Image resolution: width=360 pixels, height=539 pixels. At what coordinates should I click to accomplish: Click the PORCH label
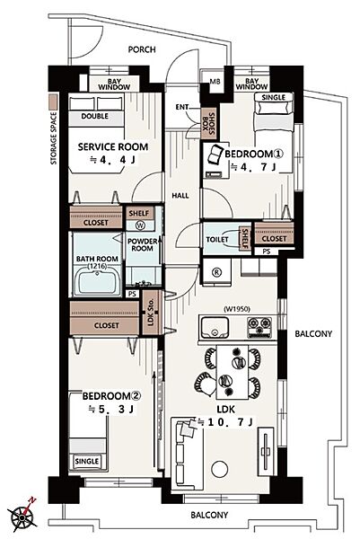pyautogui.click(x=142, y=49)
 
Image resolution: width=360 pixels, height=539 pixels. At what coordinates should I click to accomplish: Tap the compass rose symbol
pyautogui.click(x=23, y=516)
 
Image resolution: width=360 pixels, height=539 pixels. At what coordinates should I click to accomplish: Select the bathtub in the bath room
pyautogui.click(x=97, y=281)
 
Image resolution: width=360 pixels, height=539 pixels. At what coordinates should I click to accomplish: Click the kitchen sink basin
pyautogui.click(x=215, y=327)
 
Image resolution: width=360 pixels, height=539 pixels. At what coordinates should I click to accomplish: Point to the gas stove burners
pyautogui.click(x=259, y=327)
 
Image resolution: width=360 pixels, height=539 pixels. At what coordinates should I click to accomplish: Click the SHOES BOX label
pyautogui.click(x=208, y=123)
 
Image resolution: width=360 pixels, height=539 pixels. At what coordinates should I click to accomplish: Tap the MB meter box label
pyautogui.click(x=215, y=82)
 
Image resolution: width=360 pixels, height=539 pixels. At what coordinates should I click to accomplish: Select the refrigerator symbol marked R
pyautogui.click(x=216, y=272)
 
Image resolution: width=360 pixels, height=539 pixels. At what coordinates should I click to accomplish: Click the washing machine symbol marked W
pyautogui.click(x=140, y=225)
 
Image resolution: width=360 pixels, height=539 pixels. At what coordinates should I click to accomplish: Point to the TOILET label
pyautogui.click(x=217, y=239)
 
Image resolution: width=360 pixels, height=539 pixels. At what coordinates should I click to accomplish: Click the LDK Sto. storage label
pyautogui.click(x=151, y=312)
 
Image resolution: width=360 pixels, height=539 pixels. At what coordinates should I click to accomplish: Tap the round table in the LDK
pyautogui.click(x=220, y=469)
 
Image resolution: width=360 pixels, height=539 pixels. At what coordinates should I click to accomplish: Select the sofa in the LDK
pyautogui.click(x=186, y=454)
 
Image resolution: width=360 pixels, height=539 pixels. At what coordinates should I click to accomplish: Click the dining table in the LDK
pyautogui.click(x=233, y=372)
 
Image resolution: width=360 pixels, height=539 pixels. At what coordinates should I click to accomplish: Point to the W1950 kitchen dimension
pyautogui.click(x=237, y=309)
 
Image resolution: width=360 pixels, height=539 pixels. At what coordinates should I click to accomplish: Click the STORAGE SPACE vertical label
pyautogui.click(x=53, y=138)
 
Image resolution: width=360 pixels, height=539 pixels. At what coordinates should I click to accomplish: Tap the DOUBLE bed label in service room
pyautogui.click(x=95, y=116)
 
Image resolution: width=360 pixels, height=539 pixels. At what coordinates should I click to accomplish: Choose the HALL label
pyautogui.click(x=180, y=196)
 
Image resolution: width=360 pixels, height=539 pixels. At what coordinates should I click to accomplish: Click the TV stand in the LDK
pyautogui.click(x=266, y=451)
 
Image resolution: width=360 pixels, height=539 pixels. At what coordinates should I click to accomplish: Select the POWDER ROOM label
pyautogui.click(x=142, y=244)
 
